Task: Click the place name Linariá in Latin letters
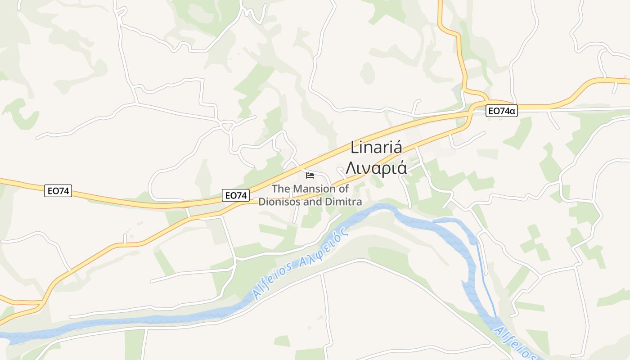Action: [376, 148]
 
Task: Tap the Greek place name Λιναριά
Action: [376, 168]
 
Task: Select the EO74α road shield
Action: [501, 111]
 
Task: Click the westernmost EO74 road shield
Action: [58, 191]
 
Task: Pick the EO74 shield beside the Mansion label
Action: [236, 195]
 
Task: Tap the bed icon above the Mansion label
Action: [310, 175]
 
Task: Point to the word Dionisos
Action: [279, 202]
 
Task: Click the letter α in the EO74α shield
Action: [512, 111]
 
